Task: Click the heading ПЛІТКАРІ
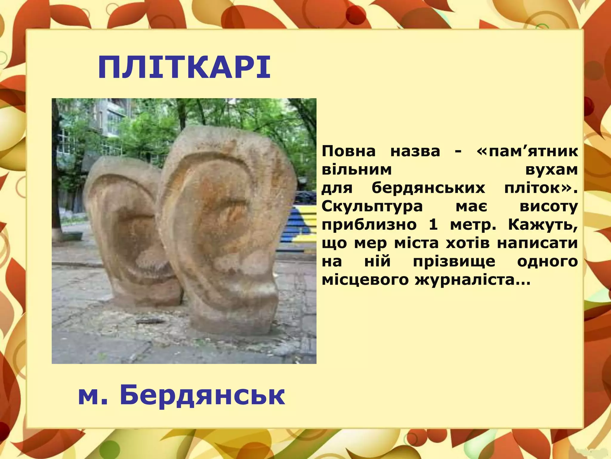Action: click(x=184, y=68)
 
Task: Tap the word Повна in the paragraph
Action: click(x=348, y=151)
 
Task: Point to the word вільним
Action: click(x=357, y=170)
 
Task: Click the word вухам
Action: click(x=551, y=170)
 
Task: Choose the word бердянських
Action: click(x=428, y=188)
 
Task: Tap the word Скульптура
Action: click(x=372, y=206)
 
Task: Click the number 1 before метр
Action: click(x=433, y=225)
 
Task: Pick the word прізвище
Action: click(x=454, y=261)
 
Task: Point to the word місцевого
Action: click(x=365, y=280)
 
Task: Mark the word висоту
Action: click(x=548, y=206)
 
